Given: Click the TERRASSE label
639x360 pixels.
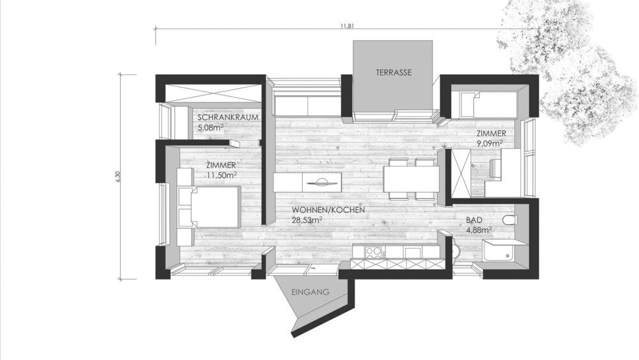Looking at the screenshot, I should (x=393, y=73).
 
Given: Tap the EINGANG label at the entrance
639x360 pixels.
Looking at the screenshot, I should (x=310, y=292).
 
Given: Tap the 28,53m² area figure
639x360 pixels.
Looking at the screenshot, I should (x=307, y=219).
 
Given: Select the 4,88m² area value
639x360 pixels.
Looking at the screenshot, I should (x=477, y=230).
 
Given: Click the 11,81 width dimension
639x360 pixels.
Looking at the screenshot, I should (x=347, y=26).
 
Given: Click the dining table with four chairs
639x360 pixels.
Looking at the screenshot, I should (x=410, y=178).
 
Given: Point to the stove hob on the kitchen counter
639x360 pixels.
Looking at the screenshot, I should (x=373, y=253).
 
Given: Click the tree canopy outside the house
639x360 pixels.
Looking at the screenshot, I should (x=569, y=70).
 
